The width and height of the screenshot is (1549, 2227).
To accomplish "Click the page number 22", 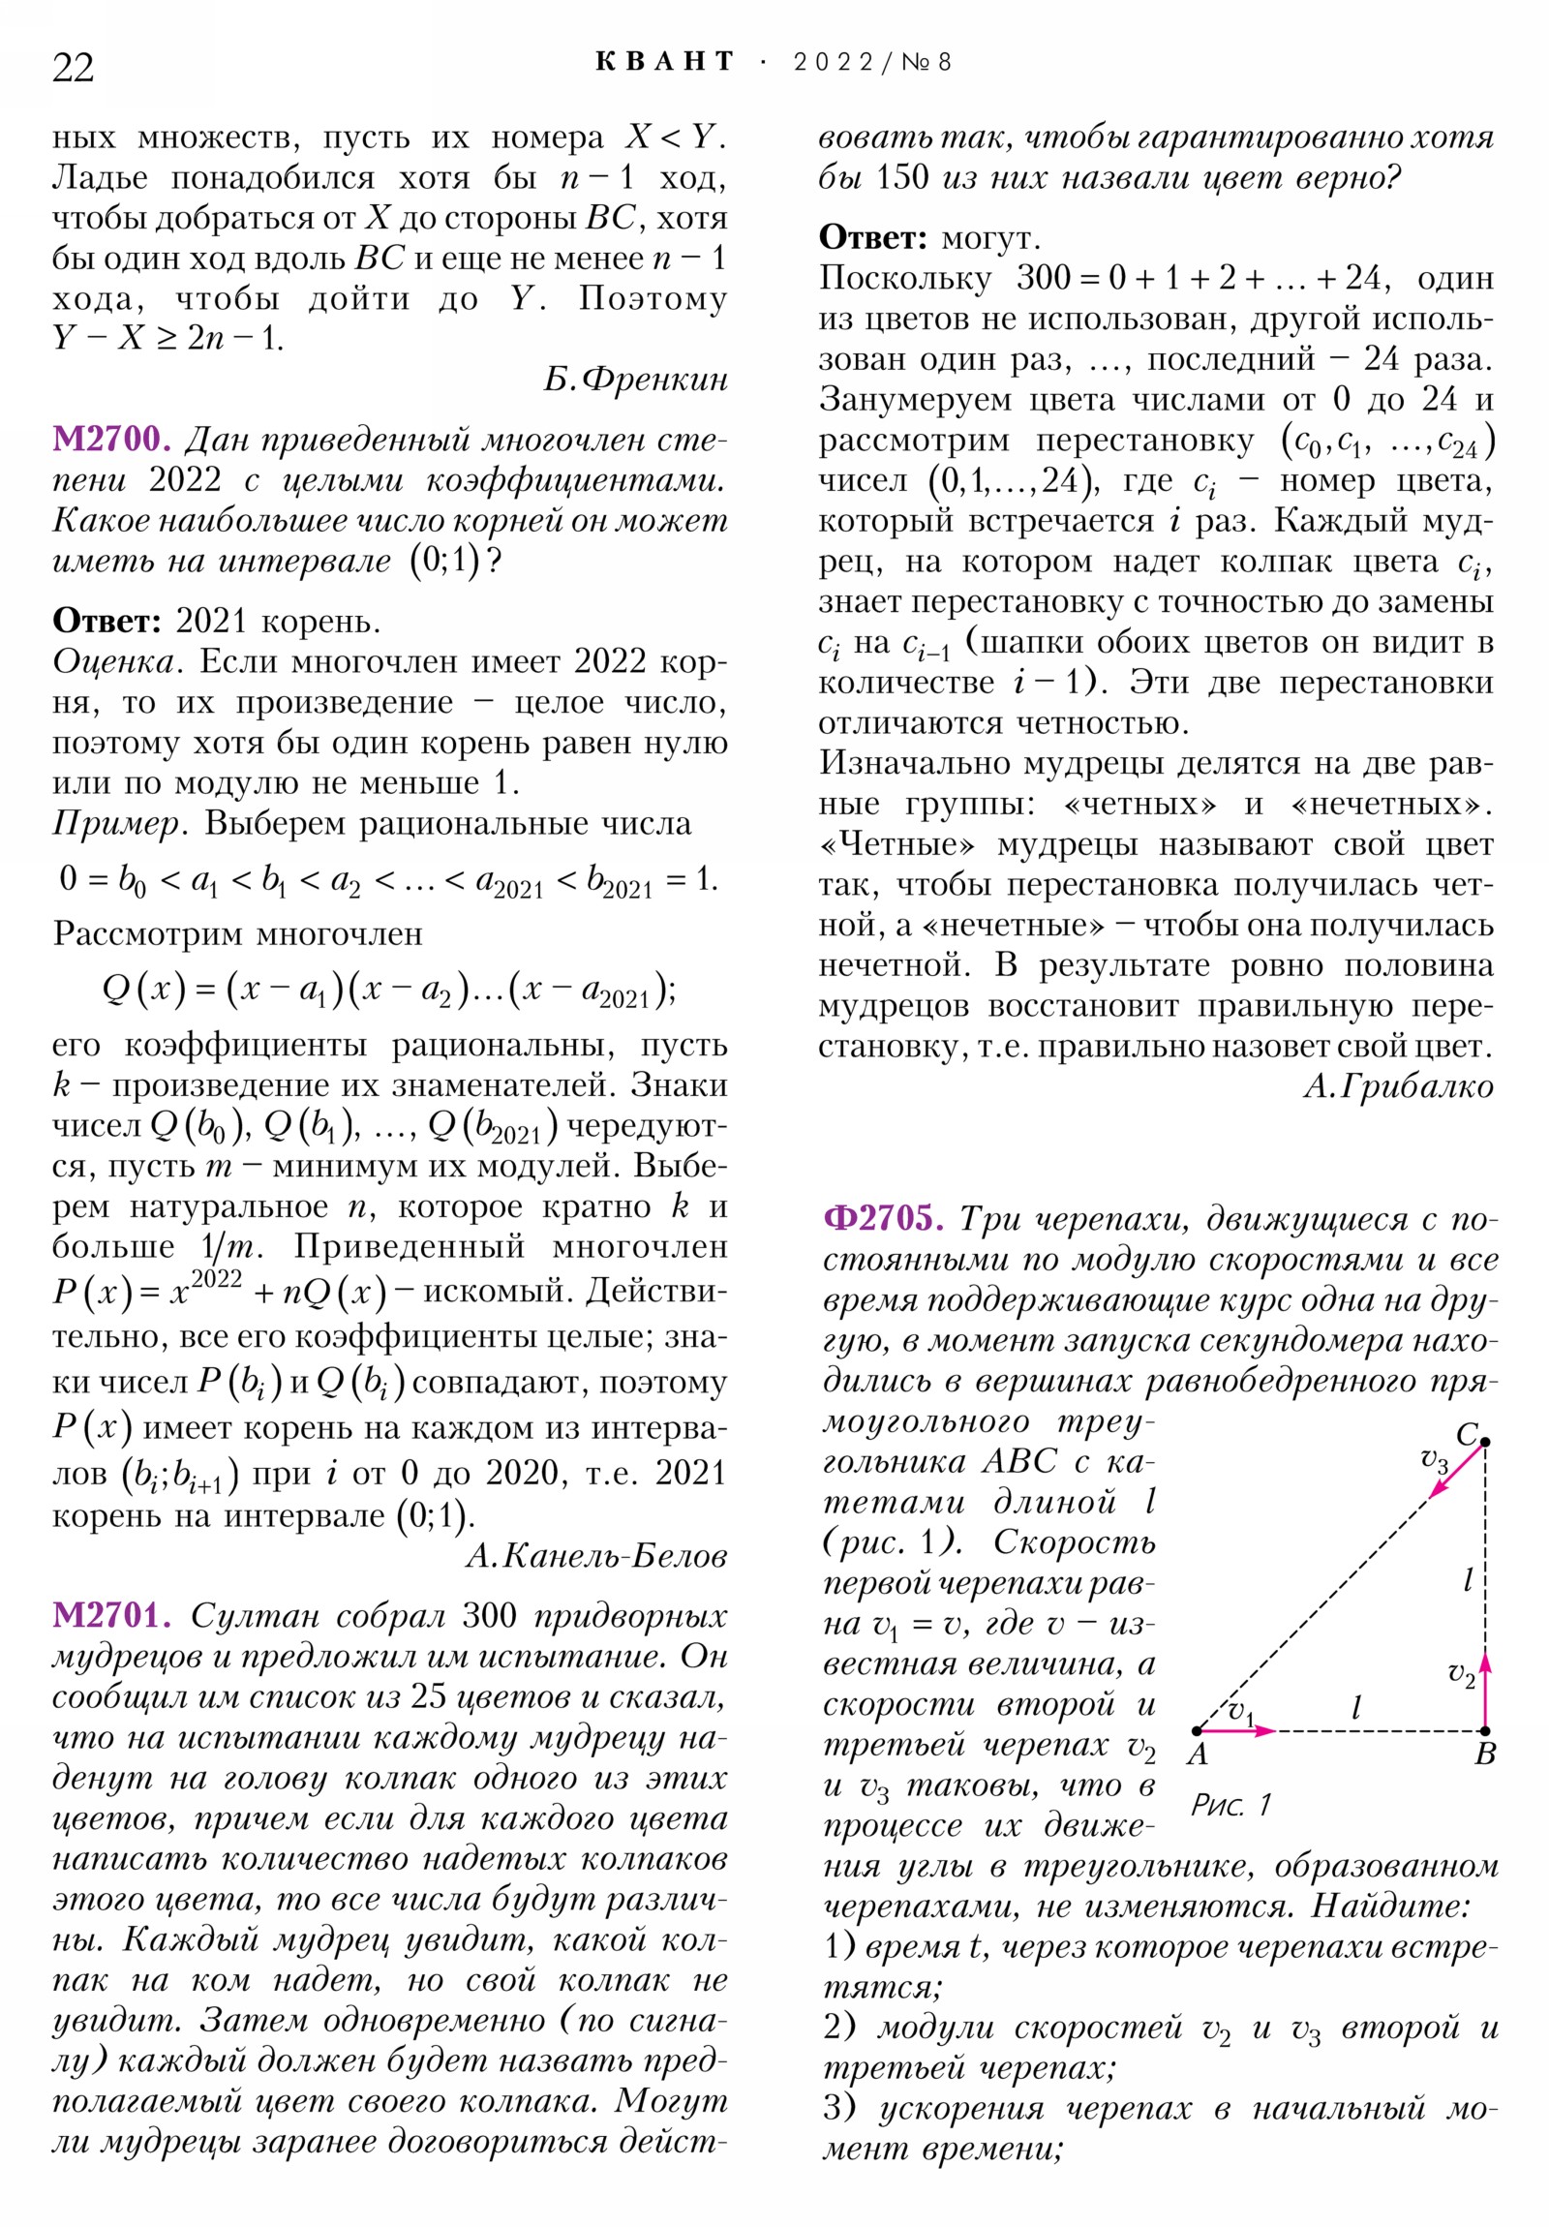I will [x=73, y=68].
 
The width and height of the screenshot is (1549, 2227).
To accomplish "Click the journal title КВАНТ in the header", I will [x=664, y=62].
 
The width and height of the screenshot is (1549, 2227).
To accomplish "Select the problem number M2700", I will [x=110, y=440].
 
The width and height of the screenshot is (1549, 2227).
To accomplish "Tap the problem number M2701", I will [x=110, y=1615].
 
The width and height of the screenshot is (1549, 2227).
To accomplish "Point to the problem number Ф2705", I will [x=883, y=1217].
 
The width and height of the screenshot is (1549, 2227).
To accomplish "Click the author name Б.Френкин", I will [x=635, y=380].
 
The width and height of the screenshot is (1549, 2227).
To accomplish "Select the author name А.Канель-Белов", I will [x=596, y=1556].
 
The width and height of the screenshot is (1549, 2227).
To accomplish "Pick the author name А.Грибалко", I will [x=1398, y=1086].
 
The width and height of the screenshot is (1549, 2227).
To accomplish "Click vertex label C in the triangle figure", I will [x=1466, y=1434].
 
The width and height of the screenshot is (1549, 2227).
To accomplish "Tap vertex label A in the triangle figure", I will [x=1198, y=1754].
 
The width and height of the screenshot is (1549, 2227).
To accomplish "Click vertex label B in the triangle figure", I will [x=1485, y=1754].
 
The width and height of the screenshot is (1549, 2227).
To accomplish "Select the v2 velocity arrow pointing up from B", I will [x=1485, y=1690].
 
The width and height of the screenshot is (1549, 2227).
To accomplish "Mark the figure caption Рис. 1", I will [x=1230, y=1805].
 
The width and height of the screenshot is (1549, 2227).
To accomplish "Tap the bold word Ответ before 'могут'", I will [x=873, y=237].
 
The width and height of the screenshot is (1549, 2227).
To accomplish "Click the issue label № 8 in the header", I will [x=926, y=63].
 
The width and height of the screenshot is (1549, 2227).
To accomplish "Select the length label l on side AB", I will [x=1356, y=1708].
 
